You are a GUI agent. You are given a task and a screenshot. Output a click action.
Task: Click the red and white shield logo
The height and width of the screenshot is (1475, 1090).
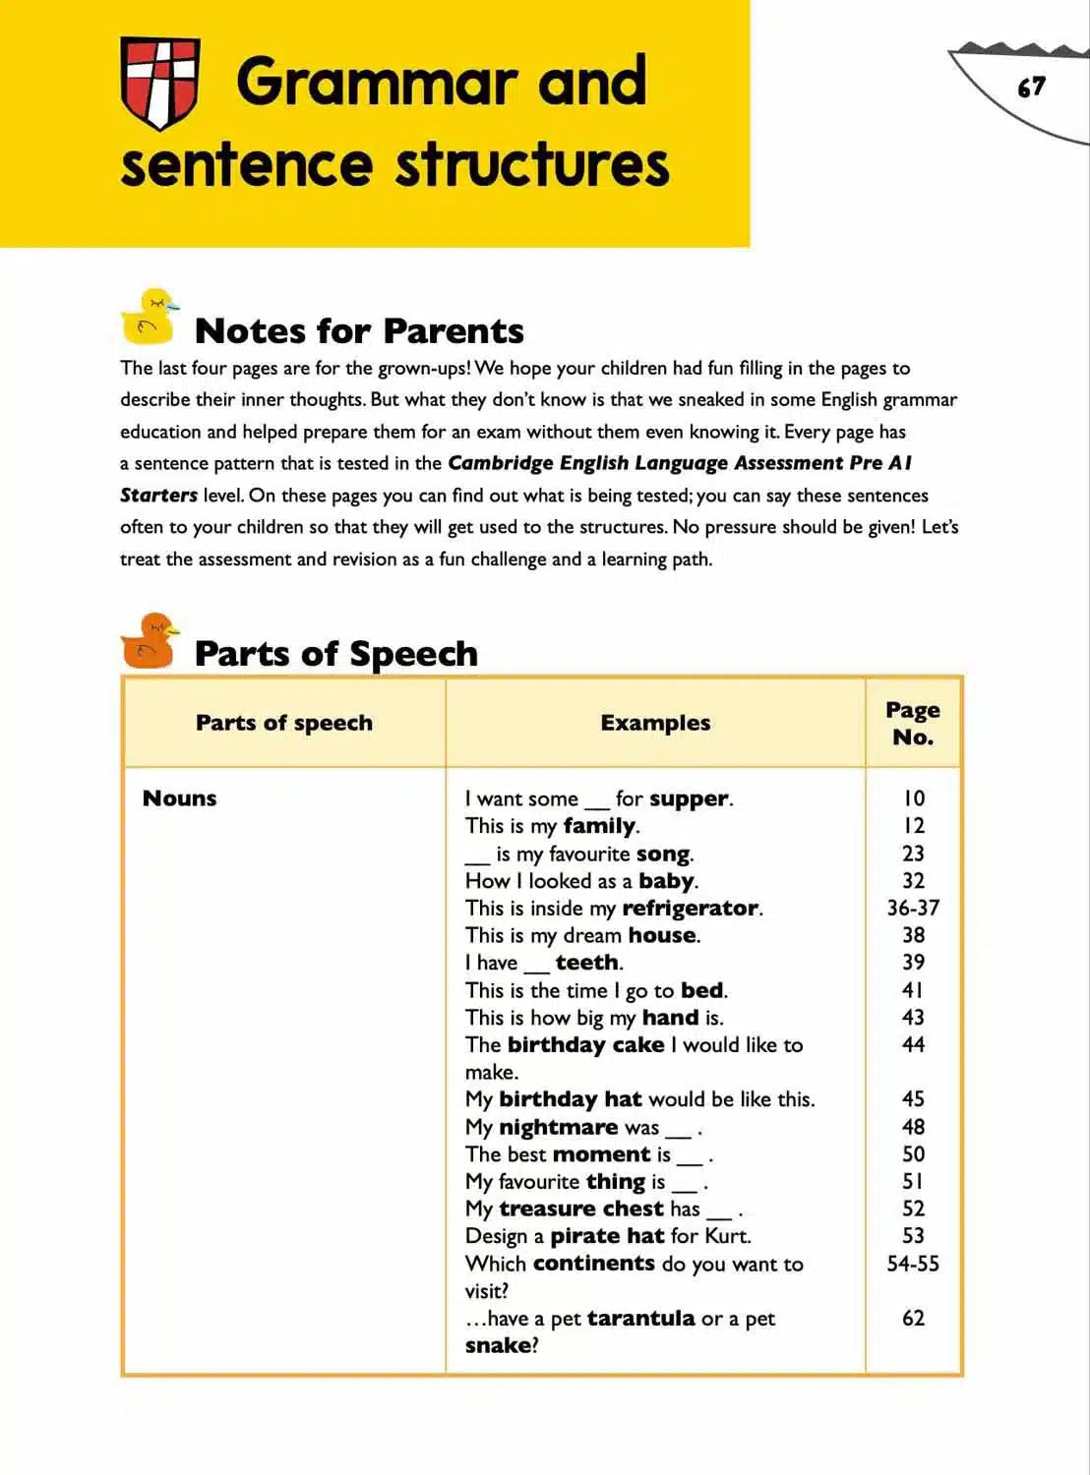point(159,83)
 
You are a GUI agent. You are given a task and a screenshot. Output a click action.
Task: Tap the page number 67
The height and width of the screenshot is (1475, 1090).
point(1031,88)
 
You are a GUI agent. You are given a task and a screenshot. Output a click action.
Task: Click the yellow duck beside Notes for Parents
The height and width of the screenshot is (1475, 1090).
point(150,317)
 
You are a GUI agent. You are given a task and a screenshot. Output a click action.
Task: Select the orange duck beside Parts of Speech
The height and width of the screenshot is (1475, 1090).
point(150,642)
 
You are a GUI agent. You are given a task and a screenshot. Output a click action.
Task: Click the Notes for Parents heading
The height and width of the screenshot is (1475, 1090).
point(359,331)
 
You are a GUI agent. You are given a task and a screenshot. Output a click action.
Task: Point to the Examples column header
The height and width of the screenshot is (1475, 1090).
point(655,723)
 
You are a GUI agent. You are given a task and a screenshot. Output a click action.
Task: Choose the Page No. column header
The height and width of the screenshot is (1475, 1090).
point(912,723)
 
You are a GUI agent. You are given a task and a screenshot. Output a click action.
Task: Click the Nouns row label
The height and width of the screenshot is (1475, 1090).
point(179,798)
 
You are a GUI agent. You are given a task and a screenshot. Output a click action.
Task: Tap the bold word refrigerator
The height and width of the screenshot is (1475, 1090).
point(690,908)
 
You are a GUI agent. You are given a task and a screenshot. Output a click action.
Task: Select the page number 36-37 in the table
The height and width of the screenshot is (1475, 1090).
point(913,908)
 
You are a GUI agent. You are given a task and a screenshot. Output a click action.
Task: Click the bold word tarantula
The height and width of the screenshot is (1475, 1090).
point(640,1318)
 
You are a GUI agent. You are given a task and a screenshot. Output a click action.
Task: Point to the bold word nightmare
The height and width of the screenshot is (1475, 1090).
point(558,1127)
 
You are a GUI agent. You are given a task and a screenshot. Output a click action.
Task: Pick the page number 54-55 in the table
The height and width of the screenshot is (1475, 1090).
point(913,1264)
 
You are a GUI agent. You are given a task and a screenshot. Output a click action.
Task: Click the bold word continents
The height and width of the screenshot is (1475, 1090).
point(594,1264)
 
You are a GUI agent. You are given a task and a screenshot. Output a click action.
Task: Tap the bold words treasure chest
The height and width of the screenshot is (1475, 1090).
point(580,1209)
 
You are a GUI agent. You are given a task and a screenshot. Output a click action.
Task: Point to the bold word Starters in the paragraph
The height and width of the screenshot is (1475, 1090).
point(158,495)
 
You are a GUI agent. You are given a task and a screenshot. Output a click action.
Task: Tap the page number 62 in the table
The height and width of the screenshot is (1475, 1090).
point(913,1318)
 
